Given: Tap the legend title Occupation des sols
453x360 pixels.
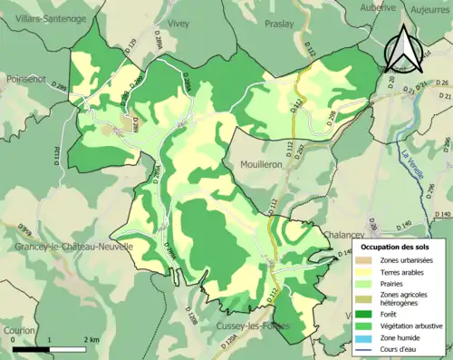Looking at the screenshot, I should click(400, 247).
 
